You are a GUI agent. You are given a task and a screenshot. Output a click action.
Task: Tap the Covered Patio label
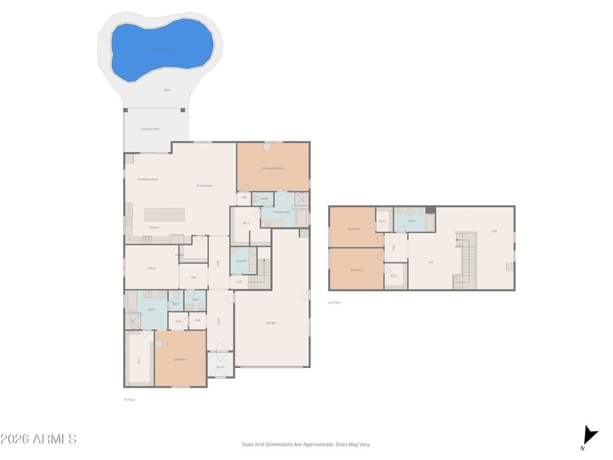pos(150,129)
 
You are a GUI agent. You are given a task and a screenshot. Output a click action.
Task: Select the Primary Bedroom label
pos(273,168)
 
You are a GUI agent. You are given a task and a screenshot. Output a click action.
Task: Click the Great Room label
pos(205,186)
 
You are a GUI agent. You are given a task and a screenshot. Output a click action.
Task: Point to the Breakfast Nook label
pos(148,179)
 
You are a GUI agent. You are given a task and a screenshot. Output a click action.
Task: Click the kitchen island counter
pos(164,214)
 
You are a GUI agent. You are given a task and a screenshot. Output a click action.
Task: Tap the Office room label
pos(152,268)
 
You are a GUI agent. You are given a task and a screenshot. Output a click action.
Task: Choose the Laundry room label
pos(241,261)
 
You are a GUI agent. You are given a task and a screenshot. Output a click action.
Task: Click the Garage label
pos(271,323)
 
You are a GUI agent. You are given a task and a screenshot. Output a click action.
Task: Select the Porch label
pos(221,367)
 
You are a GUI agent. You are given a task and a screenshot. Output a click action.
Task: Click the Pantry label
pos(179,255)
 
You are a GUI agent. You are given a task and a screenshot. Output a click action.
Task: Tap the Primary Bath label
pos(281,212)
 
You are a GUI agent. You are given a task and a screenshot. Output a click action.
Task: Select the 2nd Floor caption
pos(335,303)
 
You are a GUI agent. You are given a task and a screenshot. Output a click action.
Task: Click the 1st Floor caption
pos(129,400)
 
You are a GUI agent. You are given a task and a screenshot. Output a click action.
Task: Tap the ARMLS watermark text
pos(38,439)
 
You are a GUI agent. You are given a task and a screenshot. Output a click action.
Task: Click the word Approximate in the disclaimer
pos(318,445)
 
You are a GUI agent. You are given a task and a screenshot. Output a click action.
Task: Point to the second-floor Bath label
pos(412,221)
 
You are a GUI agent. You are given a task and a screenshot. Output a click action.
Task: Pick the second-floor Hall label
pos(393,248)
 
